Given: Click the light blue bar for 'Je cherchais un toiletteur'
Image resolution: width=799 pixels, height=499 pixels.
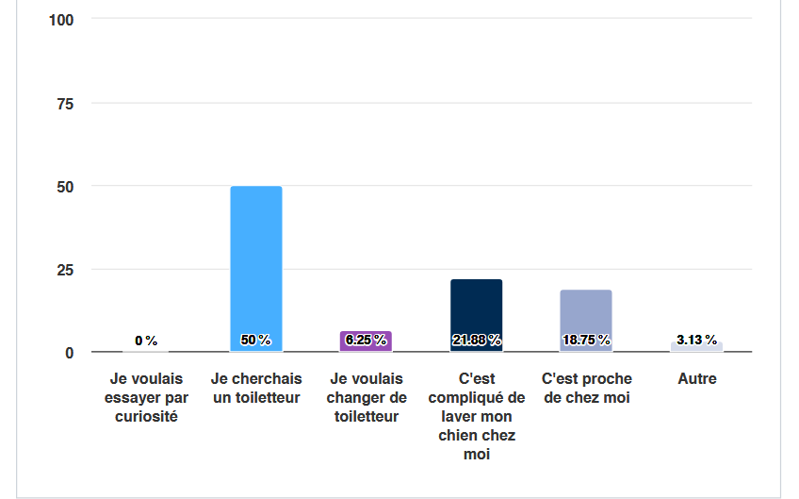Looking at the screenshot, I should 256,264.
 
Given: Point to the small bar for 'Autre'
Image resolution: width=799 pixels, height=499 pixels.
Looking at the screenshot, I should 696,347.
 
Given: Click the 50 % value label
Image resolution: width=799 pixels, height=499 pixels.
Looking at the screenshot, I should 256,340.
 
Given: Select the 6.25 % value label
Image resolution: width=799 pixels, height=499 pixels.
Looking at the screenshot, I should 366,340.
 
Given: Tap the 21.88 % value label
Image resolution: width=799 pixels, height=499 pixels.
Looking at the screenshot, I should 476,340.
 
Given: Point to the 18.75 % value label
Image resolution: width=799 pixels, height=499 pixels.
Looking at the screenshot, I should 585,340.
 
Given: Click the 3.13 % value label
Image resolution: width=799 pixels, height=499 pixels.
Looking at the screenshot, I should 696,340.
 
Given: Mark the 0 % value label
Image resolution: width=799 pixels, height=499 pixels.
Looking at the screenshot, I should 146,341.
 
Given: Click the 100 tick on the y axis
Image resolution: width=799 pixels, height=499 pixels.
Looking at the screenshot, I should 62,19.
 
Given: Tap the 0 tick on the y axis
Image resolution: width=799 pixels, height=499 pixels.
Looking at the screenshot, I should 70,353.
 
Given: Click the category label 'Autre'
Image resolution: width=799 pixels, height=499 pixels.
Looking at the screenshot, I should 696,379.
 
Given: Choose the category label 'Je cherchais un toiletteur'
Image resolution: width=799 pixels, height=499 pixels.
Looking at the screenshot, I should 256,388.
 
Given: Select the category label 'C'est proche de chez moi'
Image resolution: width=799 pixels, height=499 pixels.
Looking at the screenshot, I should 586,388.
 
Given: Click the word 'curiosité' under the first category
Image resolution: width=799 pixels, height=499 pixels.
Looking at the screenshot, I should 146,416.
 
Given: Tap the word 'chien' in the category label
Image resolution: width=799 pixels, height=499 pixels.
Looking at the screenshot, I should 459,435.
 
